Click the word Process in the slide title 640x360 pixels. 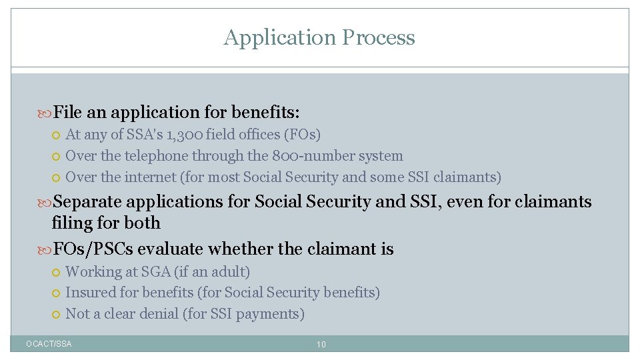tap(377, 38)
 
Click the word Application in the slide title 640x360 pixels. tap(279, 38)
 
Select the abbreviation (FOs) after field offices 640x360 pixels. tap(302, 135)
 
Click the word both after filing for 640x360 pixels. tap(142, 223)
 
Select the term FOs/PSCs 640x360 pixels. tap(93, 249)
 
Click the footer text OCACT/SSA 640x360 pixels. tap(49, 344)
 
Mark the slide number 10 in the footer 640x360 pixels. tap(321, 345)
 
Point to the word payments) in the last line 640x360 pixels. tap(275, 314)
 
